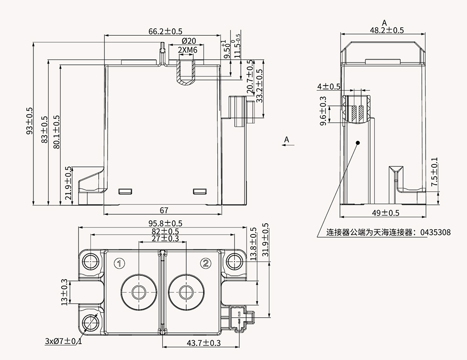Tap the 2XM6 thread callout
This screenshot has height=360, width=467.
click(187, 50)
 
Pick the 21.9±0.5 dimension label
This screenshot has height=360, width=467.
click(69, 183)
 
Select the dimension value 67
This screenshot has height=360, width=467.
click(164, 210)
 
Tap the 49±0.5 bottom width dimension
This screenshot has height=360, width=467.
click(385, 213)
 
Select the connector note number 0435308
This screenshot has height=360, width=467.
click(435, 232)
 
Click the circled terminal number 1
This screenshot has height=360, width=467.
click(120, 263)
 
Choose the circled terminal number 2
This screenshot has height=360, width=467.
click(206, 263)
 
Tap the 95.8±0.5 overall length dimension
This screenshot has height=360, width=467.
click(163, 223)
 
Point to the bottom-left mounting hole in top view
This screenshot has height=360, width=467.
click(89, 323)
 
